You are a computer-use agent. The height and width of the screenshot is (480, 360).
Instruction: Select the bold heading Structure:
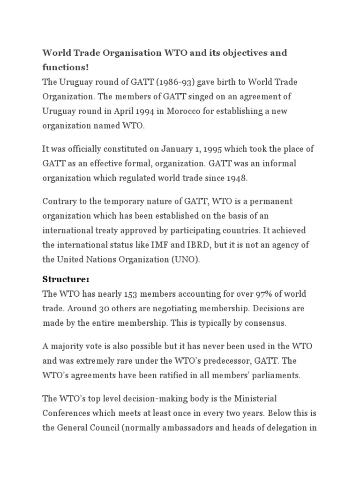[66, 279]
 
